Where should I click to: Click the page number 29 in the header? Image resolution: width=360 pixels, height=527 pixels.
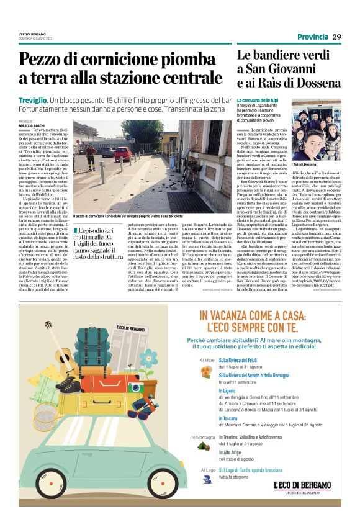pos(336,37)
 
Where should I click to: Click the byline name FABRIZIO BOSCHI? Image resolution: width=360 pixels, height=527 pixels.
pos(31,127)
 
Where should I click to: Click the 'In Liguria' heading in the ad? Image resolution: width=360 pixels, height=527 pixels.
pos(230,390)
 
